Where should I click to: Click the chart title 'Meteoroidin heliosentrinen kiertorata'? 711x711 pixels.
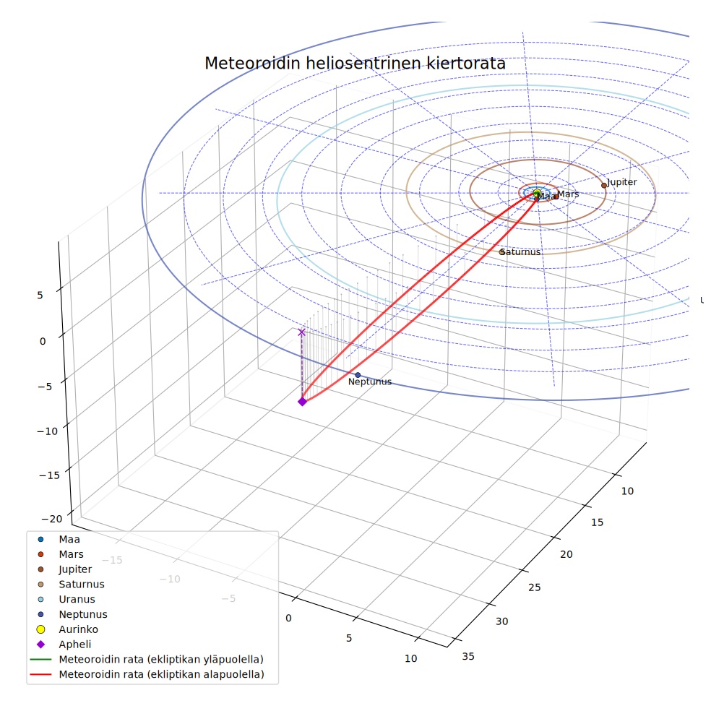355,64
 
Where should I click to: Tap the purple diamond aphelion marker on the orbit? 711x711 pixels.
303,402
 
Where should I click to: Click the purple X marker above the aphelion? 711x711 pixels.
301,332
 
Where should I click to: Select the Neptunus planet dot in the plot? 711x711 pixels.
358,375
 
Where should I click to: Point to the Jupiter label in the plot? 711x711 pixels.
622,182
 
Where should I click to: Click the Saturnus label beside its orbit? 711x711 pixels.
521,252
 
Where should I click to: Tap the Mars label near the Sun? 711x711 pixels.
568,194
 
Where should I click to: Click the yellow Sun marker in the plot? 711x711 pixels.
537,193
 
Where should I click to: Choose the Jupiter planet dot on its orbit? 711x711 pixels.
604,186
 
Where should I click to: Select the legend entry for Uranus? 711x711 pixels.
77,599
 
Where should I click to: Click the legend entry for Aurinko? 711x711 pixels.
79,629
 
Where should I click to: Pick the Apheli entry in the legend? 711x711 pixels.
75,645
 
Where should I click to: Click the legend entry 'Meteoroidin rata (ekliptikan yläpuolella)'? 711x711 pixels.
161,659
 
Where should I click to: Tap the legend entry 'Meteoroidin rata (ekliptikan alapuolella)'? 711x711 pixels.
161,674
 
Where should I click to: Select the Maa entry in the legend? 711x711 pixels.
69,539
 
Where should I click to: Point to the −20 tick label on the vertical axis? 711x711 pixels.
52,519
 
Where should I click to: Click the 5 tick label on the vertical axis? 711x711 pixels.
40,296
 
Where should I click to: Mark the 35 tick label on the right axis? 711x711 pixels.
468,656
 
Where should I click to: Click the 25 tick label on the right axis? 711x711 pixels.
535,587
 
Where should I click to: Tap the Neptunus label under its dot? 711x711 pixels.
370,382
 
